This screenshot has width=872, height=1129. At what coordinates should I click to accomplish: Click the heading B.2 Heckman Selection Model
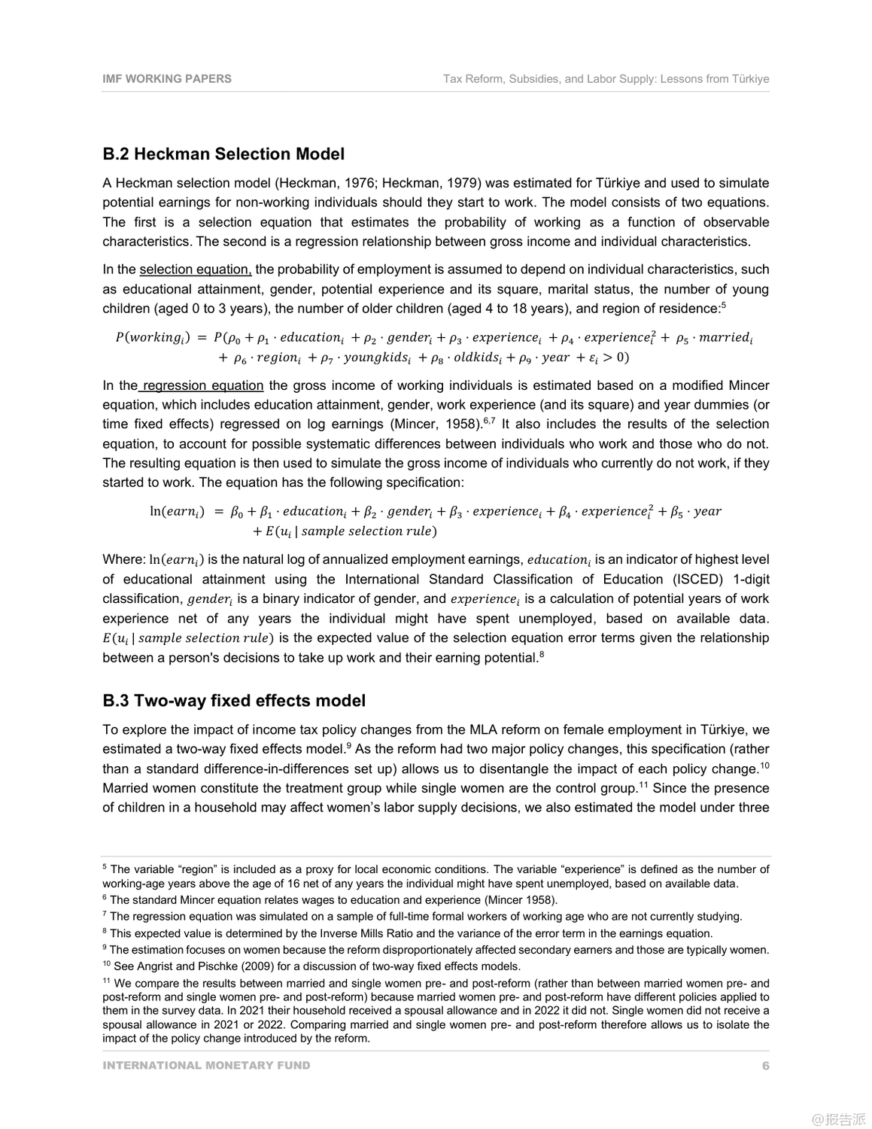[223, 154]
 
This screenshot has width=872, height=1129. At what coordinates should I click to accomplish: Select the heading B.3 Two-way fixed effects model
[234, 701]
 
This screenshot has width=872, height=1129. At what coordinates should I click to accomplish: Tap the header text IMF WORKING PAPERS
[167, 78]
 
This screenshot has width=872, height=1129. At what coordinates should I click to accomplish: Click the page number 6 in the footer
[765, 1066]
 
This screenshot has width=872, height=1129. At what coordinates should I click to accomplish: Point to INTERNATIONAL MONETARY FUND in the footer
[206, 1066]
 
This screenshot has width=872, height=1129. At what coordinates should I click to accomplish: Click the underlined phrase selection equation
[195, 269]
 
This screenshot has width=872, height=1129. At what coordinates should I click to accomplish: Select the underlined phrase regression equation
[202, 385]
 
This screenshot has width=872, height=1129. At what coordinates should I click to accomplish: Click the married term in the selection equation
[725, 338]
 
